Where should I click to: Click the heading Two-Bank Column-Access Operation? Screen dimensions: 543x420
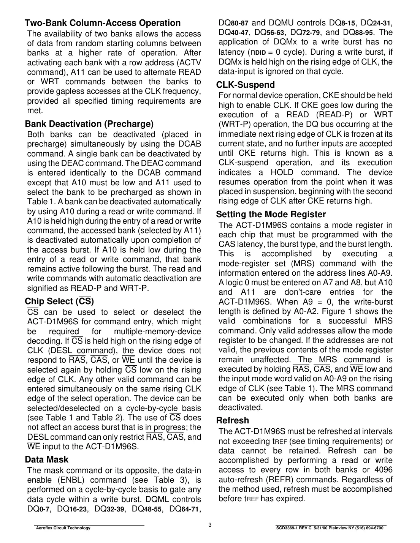click(x=103, y=23)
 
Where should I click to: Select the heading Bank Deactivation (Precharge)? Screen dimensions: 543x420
click(x=89, y=124)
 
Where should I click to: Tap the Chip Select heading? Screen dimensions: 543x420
click(x=59, y=301)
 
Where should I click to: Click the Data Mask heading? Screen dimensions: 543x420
click(x=47, y=460)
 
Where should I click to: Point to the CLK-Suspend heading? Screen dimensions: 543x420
click(x=246, y=85)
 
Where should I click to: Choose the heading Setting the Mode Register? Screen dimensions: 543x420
click(x=271, y=215)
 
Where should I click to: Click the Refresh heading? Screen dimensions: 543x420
click(x=233, y=421)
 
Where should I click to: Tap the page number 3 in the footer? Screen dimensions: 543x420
click(x=210, y=525)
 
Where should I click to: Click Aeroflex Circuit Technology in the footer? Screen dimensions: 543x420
click(x=63, y=528)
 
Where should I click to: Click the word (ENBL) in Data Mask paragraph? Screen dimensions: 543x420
click(x=74, y=480)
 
